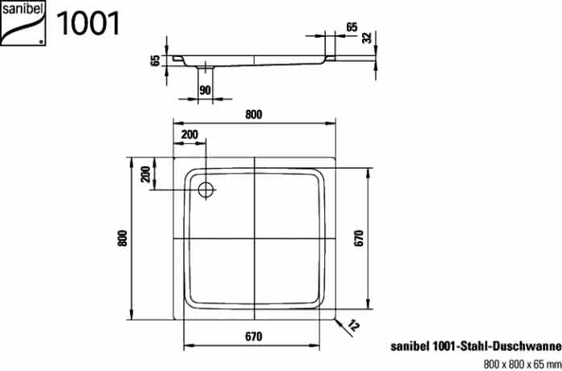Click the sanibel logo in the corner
tap(23, 23)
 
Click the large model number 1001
tap(88, 23)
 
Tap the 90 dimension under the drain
tap(205, 91)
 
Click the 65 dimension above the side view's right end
tap(352, 27)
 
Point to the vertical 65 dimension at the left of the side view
tap(156, 60)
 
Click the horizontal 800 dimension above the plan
tap(254, 115)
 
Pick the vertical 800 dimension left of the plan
tap(123, 238)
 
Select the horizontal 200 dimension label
tap(189, 135)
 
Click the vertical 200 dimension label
tap(145, 173)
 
